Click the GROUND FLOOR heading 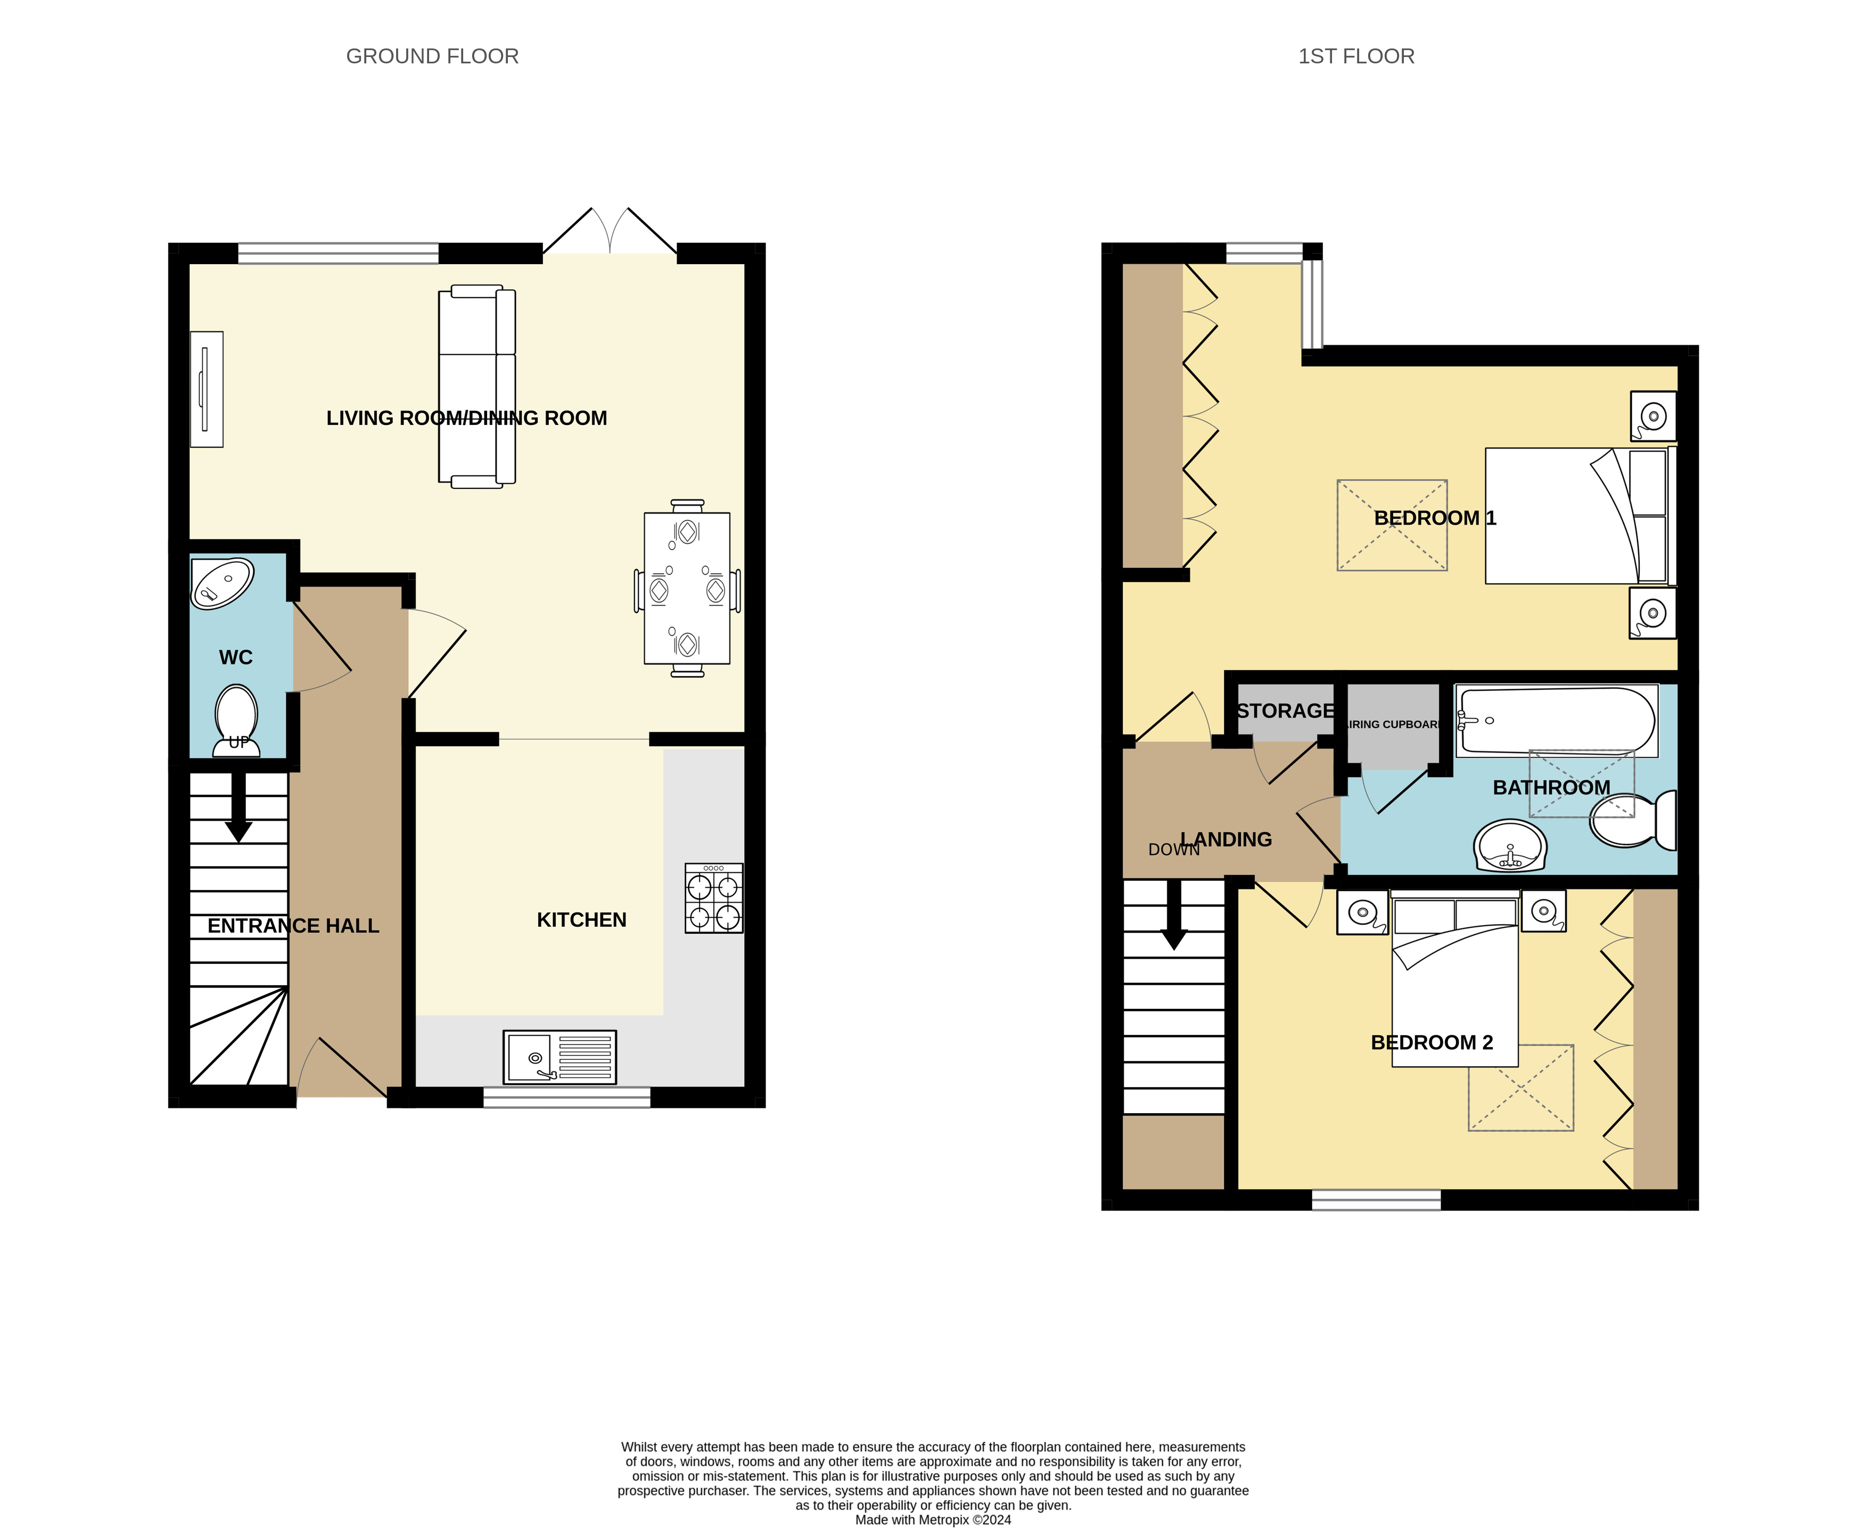pos(432,56)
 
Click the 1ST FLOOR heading pos(1356,56)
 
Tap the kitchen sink pos(560,1057)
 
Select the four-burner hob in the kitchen pos(713,898)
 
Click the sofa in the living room pos(477,387)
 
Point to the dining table pos(687,588)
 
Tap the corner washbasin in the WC pos(223,582)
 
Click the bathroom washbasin pos(1510,846)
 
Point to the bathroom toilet pos(1633,820)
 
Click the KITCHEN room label pos(581,920)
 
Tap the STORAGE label pos(1286,710)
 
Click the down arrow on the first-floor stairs pos(1174,916)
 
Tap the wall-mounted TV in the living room pos(207,389)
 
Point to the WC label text pos(236,658)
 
